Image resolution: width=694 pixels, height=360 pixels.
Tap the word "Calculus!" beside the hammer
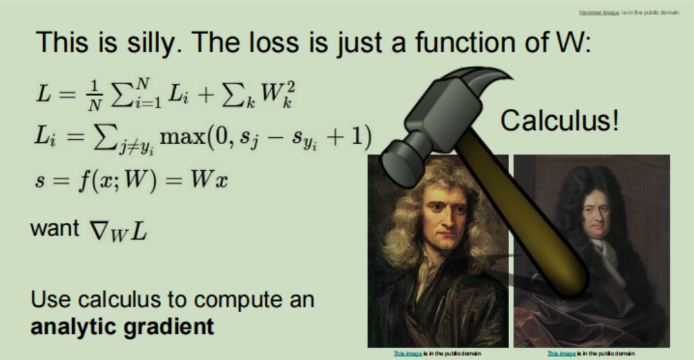(x=559, y=121)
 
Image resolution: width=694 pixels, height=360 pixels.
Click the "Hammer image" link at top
(x=599, y=13)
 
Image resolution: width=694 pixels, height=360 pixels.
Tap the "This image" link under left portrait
(x=406, y=354)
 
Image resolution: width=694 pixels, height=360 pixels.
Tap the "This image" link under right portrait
(x=561, y=354)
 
